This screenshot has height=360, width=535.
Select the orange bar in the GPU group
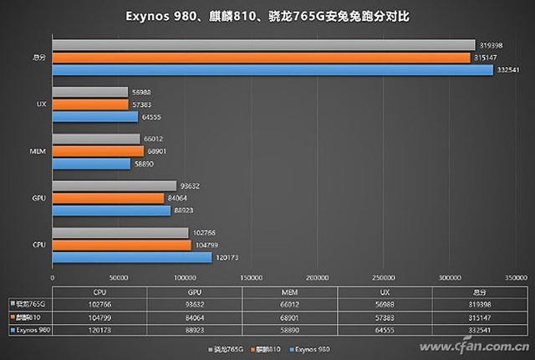click(x=108, y=198)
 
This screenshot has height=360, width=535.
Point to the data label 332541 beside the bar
click(x=506, y=69)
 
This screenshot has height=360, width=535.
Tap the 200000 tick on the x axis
click(x=316, y=276)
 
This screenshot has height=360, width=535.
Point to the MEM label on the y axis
click(x=38, y=152)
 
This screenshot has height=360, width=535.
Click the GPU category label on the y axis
click(x=38, y=199)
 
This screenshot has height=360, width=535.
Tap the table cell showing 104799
click(x=99, y=317)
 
